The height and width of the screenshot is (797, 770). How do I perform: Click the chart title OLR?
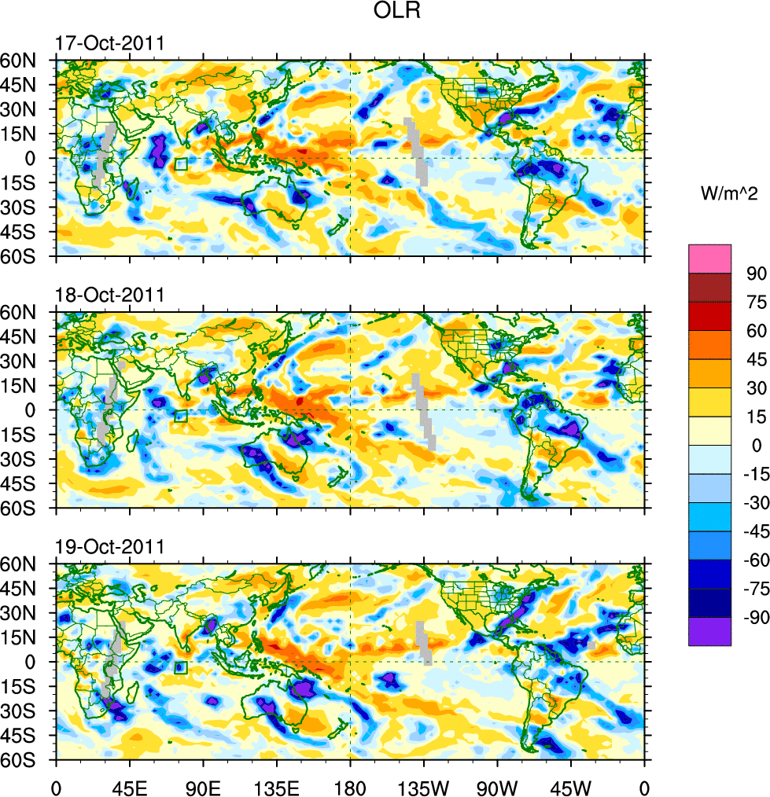[385, 13]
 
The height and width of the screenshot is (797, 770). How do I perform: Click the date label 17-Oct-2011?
[109, 43]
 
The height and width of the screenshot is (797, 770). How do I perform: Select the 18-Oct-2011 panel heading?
[109, 295]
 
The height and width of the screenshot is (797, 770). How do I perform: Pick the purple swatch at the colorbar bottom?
[709, 631]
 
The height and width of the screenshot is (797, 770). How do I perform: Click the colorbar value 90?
[756, 273]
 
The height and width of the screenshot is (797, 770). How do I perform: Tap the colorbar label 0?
[751, 445]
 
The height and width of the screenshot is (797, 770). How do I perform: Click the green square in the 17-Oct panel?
[181, 164]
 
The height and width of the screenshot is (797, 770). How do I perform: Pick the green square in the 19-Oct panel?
[181, 668]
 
